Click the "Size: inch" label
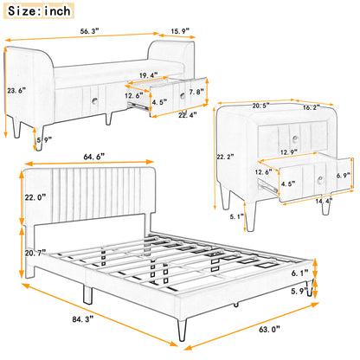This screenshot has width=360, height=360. coord(39,11)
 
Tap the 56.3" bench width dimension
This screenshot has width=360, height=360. coord(89,31)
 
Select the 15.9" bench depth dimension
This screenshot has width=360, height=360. coord(180,31)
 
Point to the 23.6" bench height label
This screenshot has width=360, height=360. coord(16,90)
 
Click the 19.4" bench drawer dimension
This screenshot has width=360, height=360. coord(149,75)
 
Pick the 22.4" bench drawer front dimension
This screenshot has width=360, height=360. coord(188,114)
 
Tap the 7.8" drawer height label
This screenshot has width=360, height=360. coord(196,92)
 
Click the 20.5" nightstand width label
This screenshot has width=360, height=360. coord(261,106)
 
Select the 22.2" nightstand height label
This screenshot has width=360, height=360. coord(225,157)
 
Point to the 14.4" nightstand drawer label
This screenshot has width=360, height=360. coord(324,201)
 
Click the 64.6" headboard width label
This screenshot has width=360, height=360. coord(93,157)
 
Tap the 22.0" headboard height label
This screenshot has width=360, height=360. coord(35,197)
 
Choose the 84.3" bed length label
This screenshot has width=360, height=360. coord(83,319)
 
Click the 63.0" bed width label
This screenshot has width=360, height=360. coord(269,329)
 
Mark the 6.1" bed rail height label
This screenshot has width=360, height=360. coord(299,273)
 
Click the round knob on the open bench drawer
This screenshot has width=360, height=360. coord(183,96)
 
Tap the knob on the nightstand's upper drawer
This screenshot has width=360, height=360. coord(294,138)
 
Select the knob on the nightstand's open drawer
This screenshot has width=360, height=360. coord(319,180)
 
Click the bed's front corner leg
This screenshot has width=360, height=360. coord(183,330)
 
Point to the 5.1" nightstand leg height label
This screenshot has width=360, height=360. coord(237,216)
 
